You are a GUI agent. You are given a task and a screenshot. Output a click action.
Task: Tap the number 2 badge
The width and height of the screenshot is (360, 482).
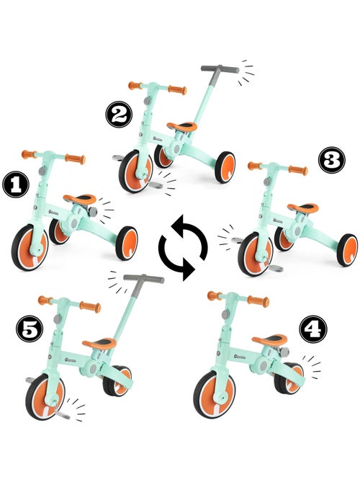(117, 112)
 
